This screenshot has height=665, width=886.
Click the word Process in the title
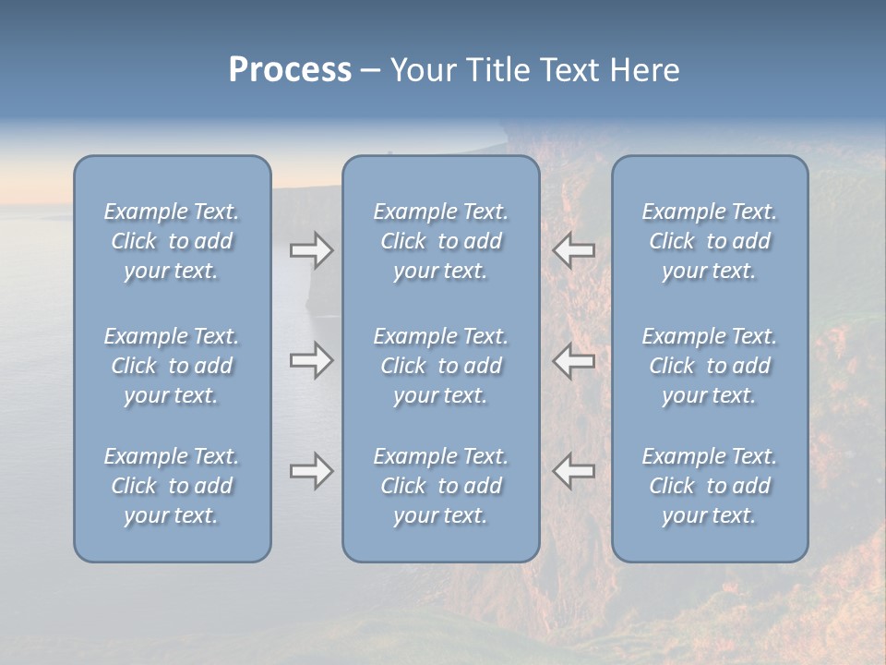(x=290, y=70)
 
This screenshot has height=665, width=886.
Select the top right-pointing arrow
(x=311, y=250)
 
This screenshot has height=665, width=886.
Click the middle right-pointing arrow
(x=311, y=360)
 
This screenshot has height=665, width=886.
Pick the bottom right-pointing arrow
(x=311, y=471)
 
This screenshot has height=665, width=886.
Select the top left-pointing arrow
(x=574, y=250)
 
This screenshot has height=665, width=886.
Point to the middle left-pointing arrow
(x=574, y=360)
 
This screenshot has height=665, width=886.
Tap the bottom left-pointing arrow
(x=574, y=471)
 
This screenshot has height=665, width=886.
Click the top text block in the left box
(x=172, y=241)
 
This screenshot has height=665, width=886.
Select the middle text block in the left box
(x=172, y=366)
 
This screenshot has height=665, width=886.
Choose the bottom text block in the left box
(x=172, y=486)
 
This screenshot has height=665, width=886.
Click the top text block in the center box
(x=440, y=241)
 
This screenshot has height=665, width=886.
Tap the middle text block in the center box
(x=440, y=366)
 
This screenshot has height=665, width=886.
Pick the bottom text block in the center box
(x=440, y=486)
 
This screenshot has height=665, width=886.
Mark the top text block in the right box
(x=709, y=241)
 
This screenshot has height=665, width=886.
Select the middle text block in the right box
(x=709, y=366)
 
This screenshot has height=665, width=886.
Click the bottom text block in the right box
(x=709, y=486)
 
